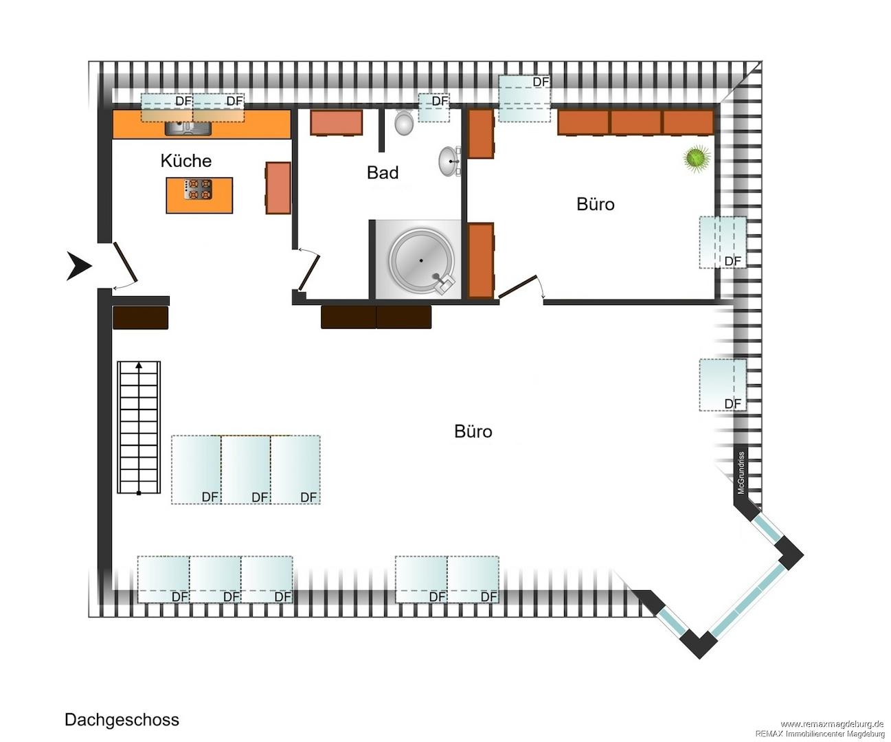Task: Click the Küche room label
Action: point(186,161)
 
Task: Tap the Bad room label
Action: point(383,172)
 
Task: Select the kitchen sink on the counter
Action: point(188,128)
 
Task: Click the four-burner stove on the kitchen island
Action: point(198,189)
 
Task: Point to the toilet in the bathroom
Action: point(404,122)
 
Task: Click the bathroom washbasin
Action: point(449,161)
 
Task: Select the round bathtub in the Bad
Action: point(421,260)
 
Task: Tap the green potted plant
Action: point(697,158)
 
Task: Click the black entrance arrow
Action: point(79,266)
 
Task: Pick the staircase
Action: point(139,427)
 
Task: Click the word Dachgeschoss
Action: point(122,719)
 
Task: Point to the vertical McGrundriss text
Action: point(741,473)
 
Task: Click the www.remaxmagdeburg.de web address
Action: point(832,723)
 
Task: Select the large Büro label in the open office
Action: point(473,431)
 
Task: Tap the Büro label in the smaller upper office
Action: point(596,204)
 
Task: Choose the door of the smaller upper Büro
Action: point(517,286)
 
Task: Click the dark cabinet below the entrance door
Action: point(141,318)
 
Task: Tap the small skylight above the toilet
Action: point(434,108)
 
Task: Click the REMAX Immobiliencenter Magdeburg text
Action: point(820,734)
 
